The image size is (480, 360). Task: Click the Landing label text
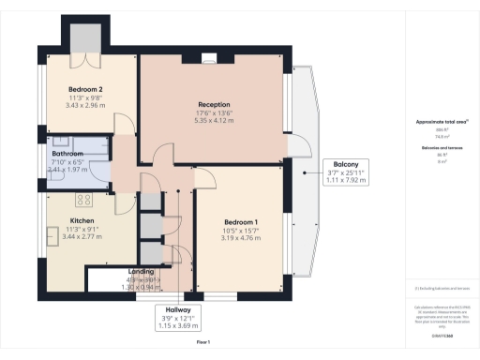[142, 273]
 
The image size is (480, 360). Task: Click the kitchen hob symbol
[81, 200]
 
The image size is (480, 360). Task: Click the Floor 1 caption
[203, 344]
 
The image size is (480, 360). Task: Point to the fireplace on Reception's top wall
[206, 59]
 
